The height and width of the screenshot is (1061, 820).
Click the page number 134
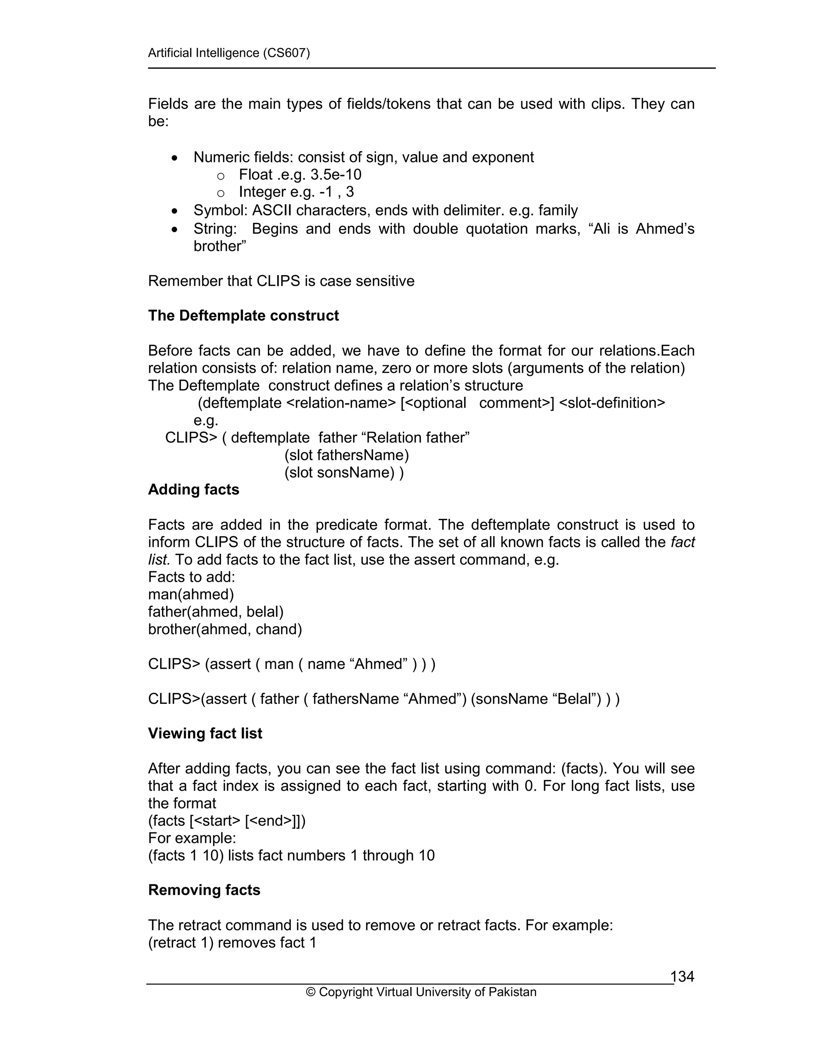pos(682,976)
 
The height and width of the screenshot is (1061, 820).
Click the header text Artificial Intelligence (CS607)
pos(229,52)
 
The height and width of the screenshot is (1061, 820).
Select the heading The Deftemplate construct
pos(243,316)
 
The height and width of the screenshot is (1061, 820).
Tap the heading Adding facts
pos(193,490)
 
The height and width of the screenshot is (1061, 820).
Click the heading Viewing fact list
pos(205,733)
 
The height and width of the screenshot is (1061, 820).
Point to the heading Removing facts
pos(204,890)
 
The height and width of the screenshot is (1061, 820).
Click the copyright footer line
pos(421,992)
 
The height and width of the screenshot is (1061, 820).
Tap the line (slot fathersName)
pos(347,455)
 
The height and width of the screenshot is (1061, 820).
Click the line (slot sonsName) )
pos(344,473)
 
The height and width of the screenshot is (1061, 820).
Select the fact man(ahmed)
pos(191,594)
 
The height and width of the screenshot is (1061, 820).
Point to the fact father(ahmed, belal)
pos(216,612)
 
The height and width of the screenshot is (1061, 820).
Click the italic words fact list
pos(683,542)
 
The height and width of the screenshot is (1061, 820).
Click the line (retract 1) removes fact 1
pos(232,942)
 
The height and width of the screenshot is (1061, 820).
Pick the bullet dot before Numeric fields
pos(175,158)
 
